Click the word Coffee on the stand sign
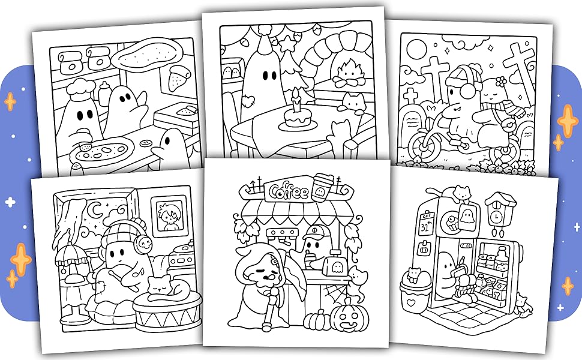(289, 191)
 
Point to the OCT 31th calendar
(426, 224)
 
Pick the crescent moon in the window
(97, 211)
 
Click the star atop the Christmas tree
(287, 44)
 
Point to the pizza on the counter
(102, 151)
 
